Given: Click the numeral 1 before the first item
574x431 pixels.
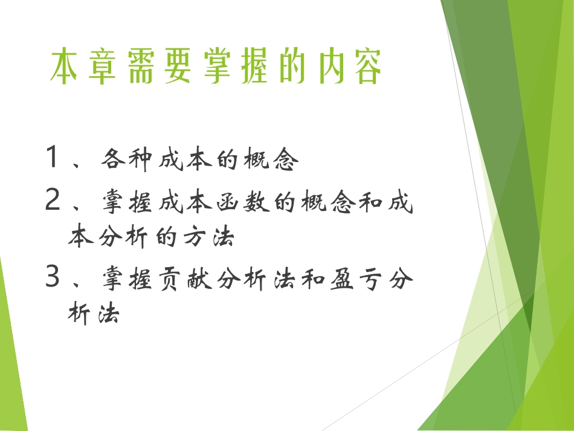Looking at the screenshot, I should click(x=53, y=158).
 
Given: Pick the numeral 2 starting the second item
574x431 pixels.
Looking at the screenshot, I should click(x=53, y=201).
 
